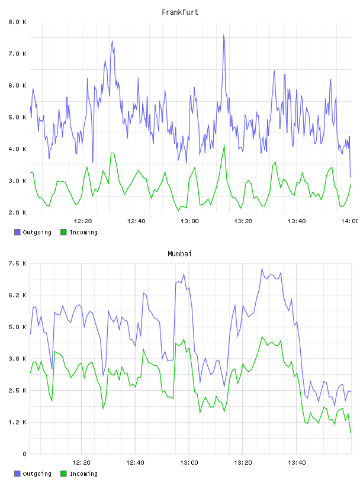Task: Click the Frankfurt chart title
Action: click(180, 12)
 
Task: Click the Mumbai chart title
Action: click(179, 254)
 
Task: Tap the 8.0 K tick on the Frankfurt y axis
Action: click(17, 22)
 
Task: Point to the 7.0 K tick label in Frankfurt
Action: click(17, 54)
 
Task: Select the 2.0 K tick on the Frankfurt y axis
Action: click(17, 212)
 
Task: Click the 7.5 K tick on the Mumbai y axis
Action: click(17, 263)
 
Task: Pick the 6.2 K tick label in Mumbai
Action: click(17, 295)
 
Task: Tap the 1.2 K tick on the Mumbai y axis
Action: click(17, 422)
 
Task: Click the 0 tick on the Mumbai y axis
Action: click(24, 454)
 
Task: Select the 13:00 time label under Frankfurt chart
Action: click(189, 221)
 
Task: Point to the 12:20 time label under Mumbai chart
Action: click(81, 462)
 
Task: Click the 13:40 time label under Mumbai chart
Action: click(297, 462)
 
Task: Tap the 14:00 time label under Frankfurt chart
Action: click(350, 221)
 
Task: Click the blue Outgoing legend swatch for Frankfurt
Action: click(17, 232)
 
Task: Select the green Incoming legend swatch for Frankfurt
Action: click(63, 232)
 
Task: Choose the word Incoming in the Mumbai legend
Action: click(83, 474)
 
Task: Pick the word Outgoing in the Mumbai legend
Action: click(37, 474)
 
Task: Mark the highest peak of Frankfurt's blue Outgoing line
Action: click(224, 34)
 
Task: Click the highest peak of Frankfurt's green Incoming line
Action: click(224, 145)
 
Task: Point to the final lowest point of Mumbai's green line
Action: click(351, 433)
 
